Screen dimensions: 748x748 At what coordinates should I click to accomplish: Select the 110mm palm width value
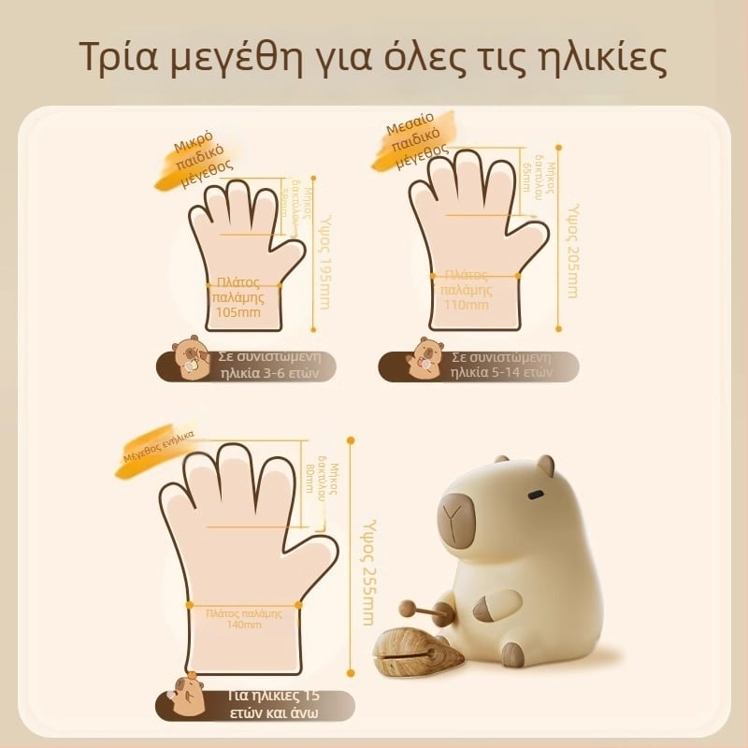tap(466, 305)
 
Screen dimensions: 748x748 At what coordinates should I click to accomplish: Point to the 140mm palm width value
tap(243, 625)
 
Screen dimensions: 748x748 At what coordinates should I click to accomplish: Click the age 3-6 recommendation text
tap(265, 364)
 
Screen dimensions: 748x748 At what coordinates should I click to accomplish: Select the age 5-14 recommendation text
tap(500, 364)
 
